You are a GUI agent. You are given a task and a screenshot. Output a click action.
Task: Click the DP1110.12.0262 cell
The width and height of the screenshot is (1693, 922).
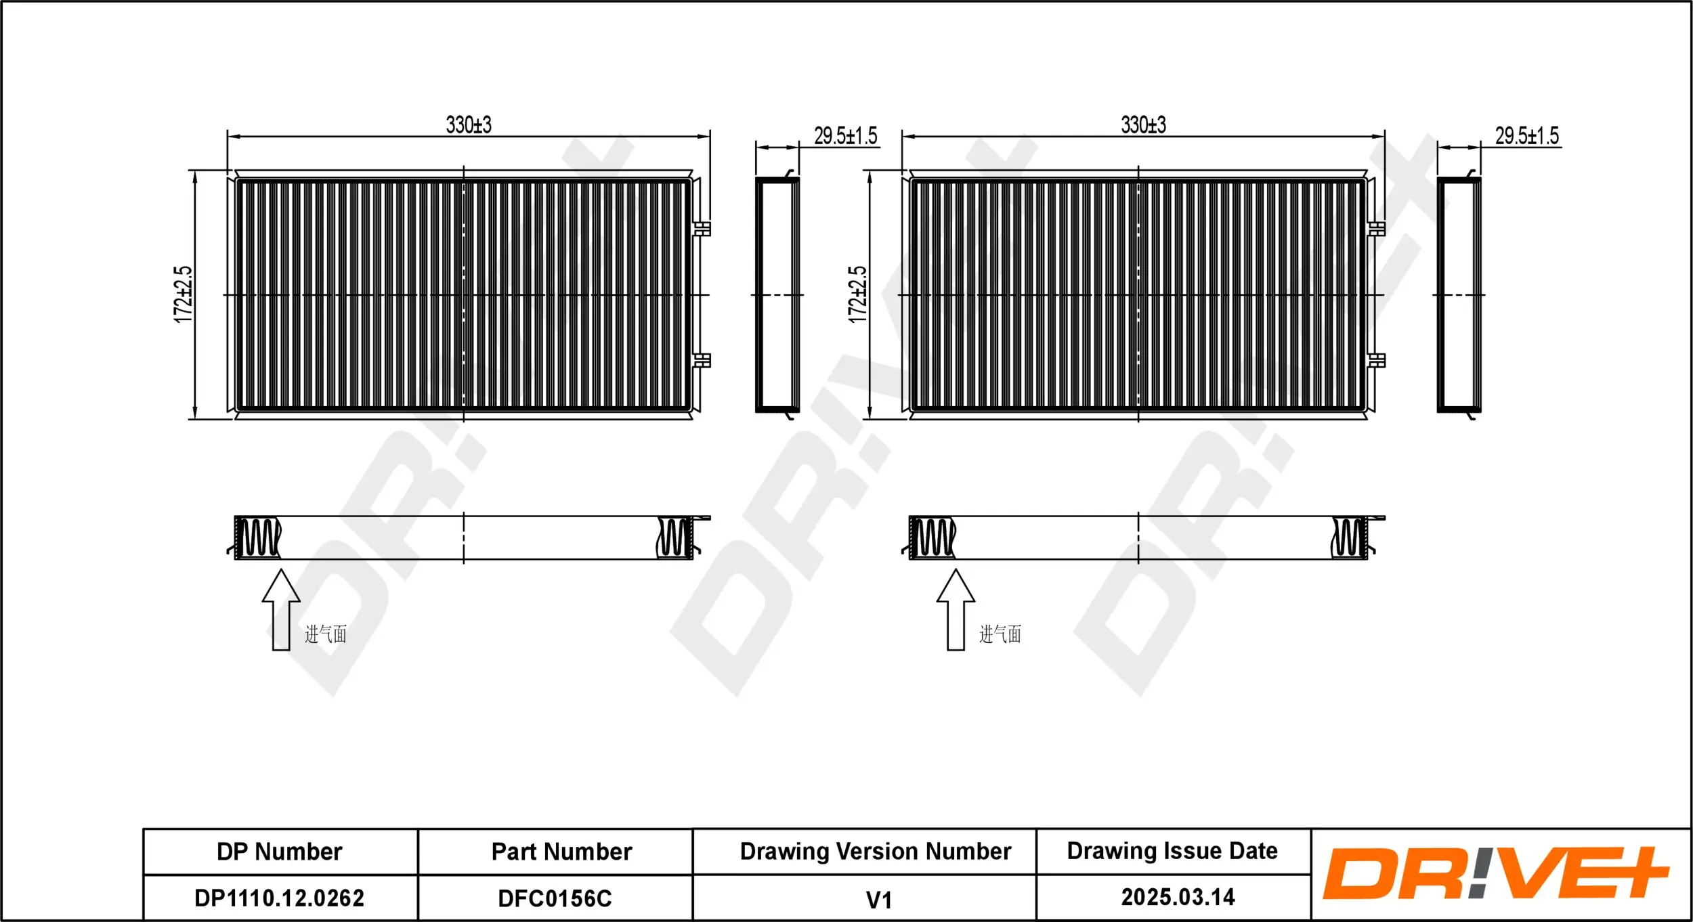click(279, 898)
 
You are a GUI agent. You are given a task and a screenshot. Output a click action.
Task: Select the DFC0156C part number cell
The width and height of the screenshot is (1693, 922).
click(555, 898)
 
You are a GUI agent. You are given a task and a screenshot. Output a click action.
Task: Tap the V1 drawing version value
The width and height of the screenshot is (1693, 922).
click(878, 900)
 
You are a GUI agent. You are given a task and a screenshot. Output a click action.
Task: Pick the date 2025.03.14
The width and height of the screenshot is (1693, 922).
click(1178, 897)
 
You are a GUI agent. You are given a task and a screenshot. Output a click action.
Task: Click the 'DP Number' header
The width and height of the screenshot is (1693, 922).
click(279, 852)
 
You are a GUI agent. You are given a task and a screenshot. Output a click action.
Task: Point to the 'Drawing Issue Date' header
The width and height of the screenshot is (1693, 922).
click(1172, 851)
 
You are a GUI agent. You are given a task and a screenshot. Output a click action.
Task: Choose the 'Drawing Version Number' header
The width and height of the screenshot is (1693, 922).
click(875, 852)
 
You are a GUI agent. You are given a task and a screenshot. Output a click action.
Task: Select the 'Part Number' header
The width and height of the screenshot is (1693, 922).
click(561, 852)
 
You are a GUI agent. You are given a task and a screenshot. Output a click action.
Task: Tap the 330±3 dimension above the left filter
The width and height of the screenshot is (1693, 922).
click(469, 125)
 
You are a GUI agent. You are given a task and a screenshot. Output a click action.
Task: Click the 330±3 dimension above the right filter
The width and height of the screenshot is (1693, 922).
click(1144, 125)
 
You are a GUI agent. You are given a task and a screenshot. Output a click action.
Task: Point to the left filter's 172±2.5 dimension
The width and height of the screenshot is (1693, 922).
click(183, 294)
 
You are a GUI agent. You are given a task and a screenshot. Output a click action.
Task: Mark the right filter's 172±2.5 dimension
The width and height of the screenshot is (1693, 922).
click(857, 294)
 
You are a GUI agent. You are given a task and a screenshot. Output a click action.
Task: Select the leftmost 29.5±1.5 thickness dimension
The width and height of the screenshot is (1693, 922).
click(845, 136)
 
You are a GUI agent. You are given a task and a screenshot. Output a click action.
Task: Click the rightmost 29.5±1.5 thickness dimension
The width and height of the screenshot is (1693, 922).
click(1526, 136)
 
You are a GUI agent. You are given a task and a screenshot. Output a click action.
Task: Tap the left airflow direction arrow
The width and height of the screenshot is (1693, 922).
click(281, 609)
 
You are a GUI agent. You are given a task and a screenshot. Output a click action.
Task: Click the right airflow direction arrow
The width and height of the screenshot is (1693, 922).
click(956, 609)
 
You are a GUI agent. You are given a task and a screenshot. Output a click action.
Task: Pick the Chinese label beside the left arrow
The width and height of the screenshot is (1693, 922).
click(326, 634)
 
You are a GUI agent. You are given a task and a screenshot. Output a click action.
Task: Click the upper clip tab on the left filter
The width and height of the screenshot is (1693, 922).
click(702, 228)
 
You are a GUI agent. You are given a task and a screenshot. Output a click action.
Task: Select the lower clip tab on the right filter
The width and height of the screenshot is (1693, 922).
click(1377, 360)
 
